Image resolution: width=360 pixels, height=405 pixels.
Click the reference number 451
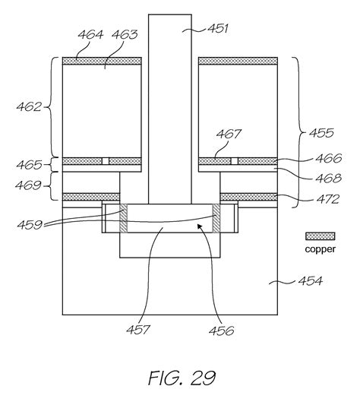click(218, 28)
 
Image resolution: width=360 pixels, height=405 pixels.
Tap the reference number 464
click(90, 35)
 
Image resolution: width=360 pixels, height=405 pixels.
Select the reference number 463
click(125, 35)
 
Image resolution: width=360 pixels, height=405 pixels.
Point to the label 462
click(29, 106)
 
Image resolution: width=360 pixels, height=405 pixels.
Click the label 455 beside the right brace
click(321, 133)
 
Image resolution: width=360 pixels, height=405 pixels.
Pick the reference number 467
click(229, 134)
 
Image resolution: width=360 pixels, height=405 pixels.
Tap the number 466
click(329, 158)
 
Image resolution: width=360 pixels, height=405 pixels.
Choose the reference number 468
click(329, 178)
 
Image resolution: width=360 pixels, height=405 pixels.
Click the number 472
click(328, 199)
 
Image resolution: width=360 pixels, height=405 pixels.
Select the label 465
click(29, 165)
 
